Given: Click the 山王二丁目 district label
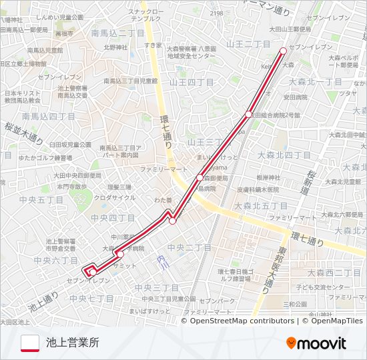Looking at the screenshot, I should point(249,44).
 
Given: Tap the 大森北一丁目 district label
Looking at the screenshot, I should point(315,81).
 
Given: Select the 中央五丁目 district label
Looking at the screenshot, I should point(41,199).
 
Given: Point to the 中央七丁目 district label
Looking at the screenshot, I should point(92,298).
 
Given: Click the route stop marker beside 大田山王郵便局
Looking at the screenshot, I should point(283,51).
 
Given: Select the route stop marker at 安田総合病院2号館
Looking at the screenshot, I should point(249,115).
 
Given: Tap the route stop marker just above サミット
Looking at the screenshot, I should point(120,254).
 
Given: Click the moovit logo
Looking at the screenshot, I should point(316,343).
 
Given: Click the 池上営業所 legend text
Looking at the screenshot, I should point(73,343).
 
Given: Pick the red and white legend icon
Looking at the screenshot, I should point(30,343).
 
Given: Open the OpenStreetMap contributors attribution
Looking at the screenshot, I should point(242,321).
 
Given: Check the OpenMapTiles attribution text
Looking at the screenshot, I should point(332,321).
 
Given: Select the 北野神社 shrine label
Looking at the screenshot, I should point(115,47).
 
